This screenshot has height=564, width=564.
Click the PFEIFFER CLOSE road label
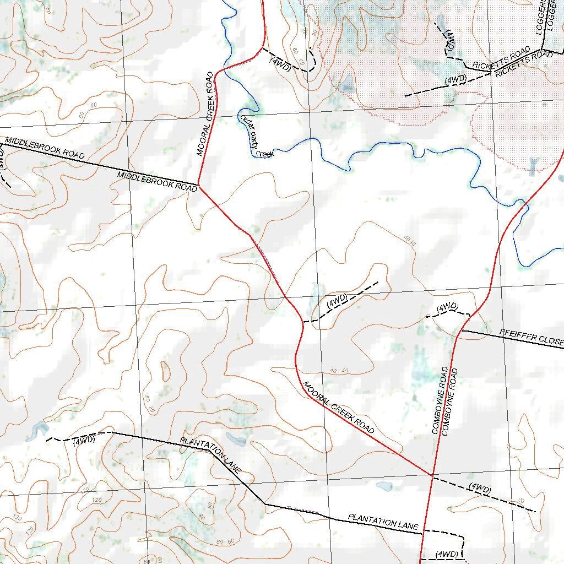(531, 337)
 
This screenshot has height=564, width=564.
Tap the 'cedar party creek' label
(256, 135)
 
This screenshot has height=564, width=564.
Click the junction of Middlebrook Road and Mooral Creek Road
(198, 186)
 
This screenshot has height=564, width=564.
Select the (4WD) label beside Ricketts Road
(455, 80)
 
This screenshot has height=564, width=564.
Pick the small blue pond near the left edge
(36, 430)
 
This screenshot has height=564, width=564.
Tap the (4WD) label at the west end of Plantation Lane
(84, 440)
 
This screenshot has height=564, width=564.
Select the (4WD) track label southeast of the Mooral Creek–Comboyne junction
(480, 489)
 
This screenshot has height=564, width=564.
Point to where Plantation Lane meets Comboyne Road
(422, 532)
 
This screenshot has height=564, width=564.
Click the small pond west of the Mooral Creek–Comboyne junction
(384, 486)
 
